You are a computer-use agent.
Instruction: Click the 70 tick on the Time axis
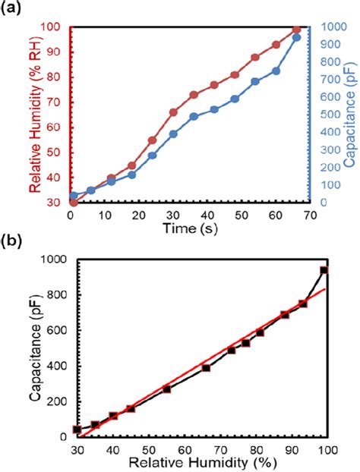[308, 215]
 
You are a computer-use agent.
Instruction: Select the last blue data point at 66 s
[296, 37]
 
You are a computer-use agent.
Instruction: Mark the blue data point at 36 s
[194, 116]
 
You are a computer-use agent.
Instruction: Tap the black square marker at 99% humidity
[324, 270]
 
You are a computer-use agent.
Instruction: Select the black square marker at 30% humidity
[77, 430]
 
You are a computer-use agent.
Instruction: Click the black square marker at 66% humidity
[206, 368]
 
